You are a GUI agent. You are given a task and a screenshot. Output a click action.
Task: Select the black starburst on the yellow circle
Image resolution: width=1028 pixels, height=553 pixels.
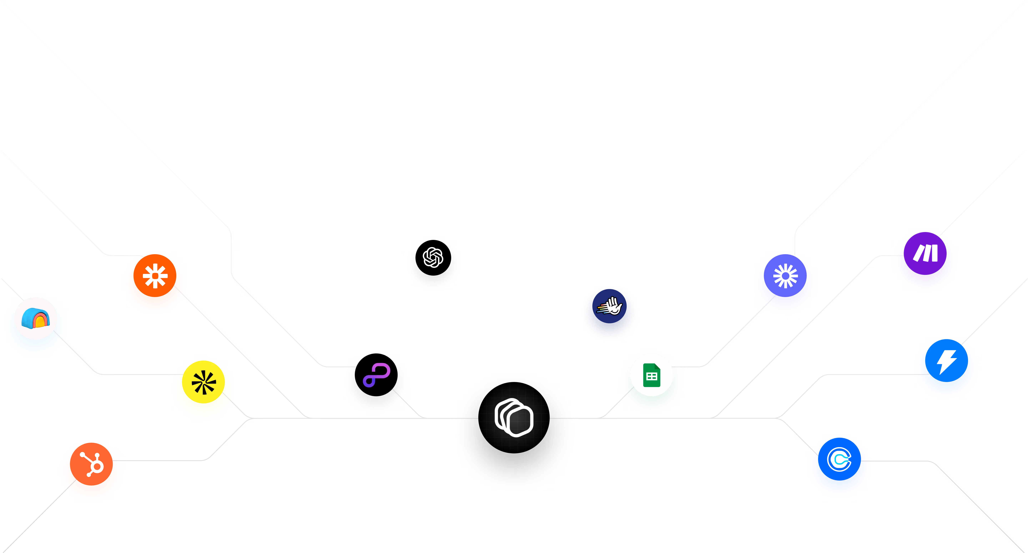(204, 382)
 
